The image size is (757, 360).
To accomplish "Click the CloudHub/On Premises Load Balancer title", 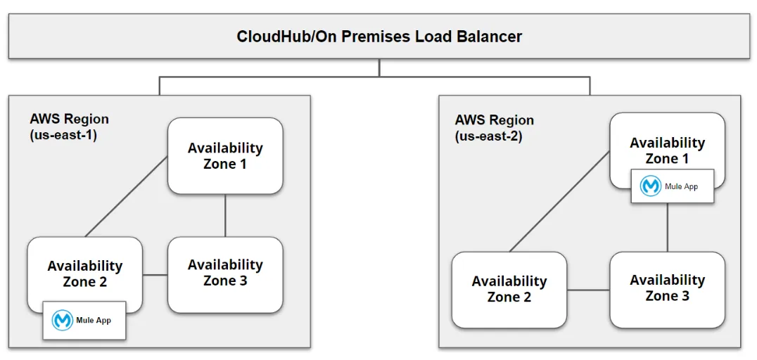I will click(x=379, y=37).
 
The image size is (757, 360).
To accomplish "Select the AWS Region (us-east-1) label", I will click(x=69, y=127).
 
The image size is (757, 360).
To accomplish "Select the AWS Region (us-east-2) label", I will click(x=494, y=128).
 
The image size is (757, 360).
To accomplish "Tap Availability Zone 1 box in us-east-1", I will click(x=225, y=155).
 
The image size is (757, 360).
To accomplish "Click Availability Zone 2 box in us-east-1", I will click(x=84, y=274).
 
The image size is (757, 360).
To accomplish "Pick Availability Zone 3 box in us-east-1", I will click(x=225, y=273).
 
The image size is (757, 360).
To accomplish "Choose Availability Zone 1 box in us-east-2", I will click(x=667, y=150).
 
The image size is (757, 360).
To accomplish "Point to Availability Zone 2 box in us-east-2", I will click(x=509, y=289).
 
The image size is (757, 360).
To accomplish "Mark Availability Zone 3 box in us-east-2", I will click(x=667, y=288).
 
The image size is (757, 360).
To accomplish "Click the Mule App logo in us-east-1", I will click(x=63, y=321).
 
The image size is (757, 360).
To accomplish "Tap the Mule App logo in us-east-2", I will click(x=651, y=186).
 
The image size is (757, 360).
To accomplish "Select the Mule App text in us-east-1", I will click(x=94, y=321).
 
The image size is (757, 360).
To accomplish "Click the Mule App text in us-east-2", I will click(x=681, y=186).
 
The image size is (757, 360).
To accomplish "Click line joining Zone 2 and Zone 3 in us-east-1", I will click(x=155, y=274).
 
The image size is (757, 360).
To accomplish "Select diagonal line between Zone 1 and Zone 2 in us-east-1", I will click(x=127, y=196).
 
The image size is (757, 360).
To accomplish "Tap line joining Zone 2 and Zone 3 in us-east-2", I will click(x=588, y=290).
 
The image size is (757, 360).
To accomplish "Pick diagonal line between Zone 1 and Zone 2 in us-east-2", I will click(x=559, y=200).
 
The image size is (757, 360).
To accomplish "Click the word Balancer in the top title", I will click(x=488, y=37).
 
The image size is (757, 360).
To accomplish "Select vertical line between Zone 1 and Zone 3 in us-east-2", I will click(x=667, y=227).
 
